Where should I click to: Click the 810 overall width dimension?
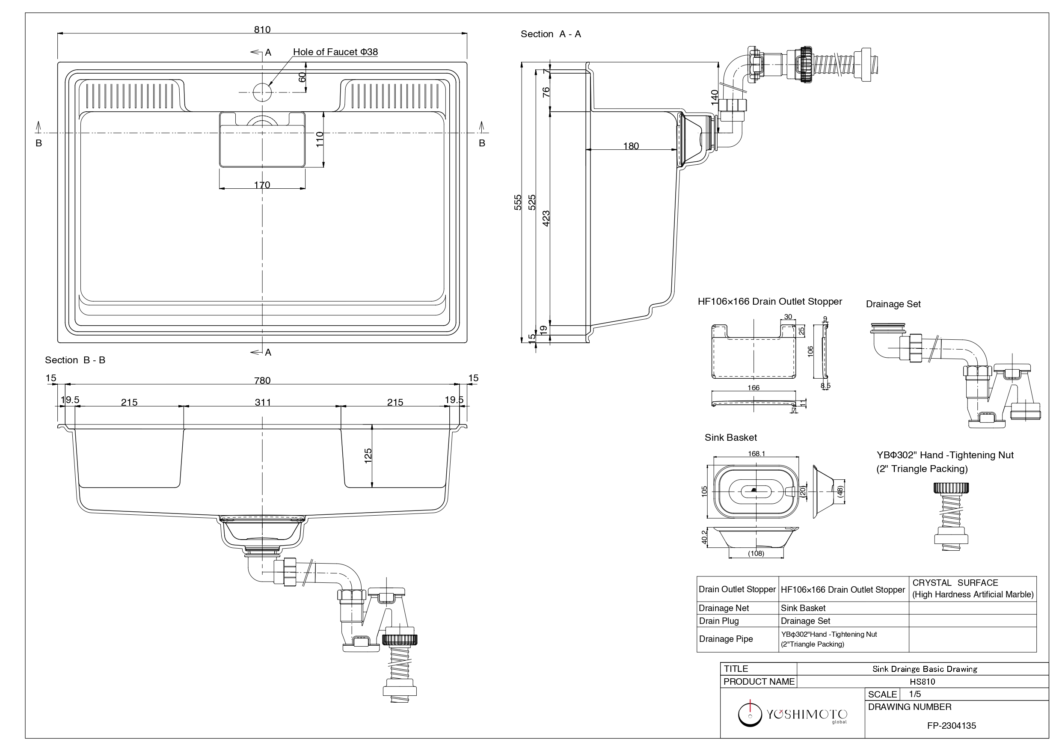(x=262, y=29)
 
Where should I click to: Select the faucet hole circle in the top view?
(x=262, y=92)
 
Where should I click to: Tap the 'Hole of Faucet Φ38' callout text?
(x=335, y=52)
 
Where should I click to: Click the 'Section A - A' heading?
(x=550, y=34)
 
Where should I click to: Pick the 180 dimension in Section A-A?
(x=631, y=146)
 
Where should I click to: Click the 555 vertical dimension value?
(x=518, y=202)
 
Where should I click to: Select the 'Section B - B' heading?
(x=75, y=360)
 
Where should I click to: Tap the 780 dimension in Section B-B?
(x=262, y=380)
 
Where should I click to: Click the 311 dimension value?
(x=263, y=402)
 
